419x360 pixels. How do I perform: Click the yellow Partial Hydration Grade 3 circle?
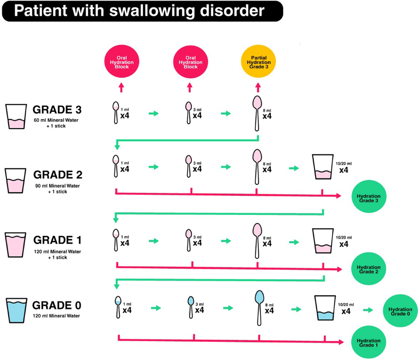coord(258,62)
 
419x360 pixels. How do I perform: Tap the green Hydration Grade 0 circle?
coord(400,311)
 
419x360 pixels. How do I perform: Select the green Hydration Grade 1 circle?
coord(368,343)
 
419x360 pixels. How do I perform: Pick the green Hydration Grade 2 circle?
coord(368,269)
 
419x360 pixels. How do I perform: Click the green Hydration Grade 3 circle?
coord(368,198)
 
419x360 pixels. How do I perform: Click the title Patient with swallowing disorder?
coord(139,11)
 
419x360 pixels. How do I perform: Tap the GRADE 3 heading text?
coord(57,110)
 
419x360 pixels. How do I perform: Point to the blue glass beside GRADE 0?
coord(16,310)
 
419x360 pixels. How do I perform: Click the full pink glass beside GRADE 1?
coord(15,245)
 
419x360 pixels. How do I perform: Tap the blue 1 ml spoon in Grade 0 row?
coord(118,307)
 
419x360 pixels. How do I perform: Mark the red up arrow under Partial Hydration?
coord(258,88)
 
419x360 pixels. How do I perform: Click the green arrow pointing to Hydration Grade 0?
coord(368,310)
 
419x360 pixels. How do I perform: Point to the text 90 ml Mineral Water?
coord(57,186)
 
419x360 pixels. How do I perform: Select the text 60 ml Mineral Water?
coord(56,120)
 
